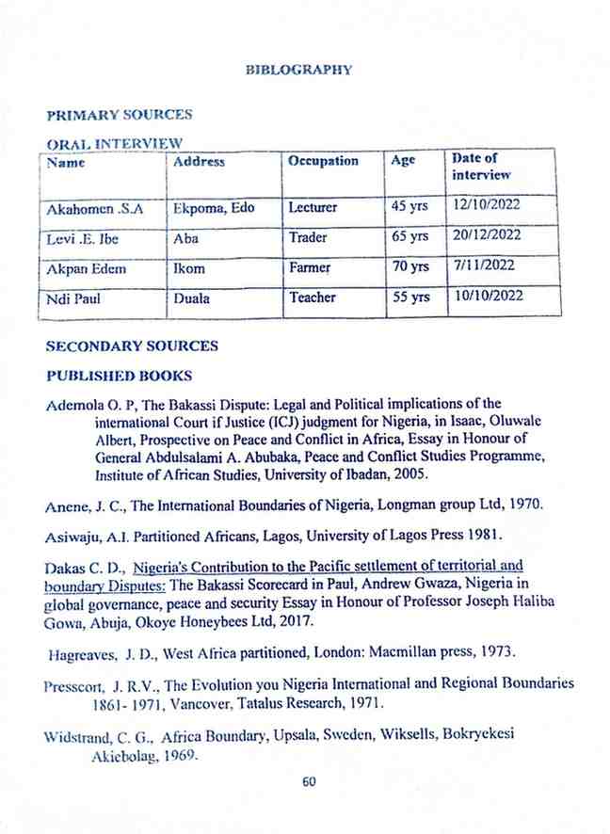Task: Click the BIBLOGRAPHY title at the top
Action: click(298, 70)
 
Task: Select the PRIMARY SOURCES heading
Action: click(119, 115)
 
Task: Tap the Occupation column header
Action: click(323, 161)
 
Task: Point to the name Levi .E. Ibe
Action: click(78, 238)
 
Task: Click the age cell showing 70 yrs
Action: click(410, 268)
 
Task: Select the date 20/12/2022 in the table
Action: click(487, 235)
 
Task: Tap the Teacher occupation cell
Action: click(313, 297)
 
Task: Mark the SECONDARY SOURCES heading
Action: click(132, 346)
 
